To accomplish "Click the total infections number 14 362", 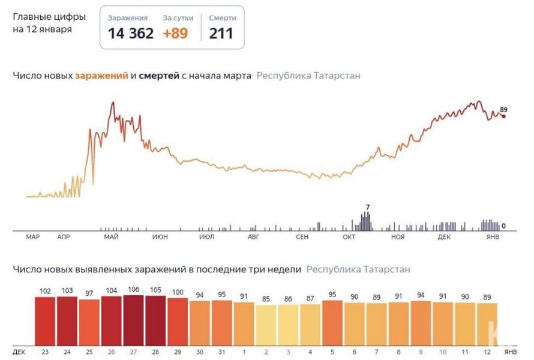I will click(x=130, y=33).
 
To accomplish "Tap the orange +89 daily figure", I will click(x=175, y=33).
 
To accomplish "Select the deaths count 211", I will click(x=221, y=33).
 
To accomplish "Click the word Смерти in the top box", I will click(x=222, y=18).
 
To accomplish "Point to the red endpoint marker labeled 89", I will click(x=503, y=116).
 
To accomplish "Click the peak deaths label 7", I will click(x=367, y=208).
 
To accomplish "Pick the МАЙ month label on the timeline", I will click(x=110, y=238).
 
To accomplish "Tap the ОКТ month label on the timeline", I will click(x=349, y=238).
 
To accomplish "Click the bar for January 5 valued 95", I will click(x=332, y=322).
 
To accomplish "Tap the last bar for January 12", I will click(x=487, y=324).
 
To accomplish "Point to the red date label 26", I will click(x=111, y=351).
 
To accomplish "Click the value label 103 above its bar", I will click(x=67, y=290).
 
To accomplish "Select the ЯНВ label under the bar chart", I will click(x=510, y=351).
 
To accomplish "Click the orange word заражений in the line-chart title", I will click(x=101, y=76).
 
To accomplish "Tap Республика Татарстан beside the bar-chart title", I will click(x=358, y=269).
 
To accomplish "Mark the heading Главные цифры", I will click(x=49, y=16).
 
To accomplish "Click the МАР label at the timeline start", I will click(x=33, y=238).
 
